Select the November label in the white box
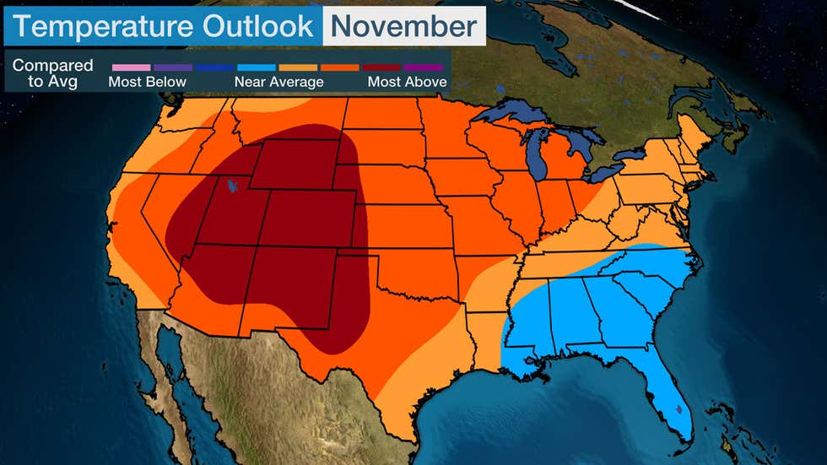tap(403, 26)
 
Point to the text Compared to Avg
tap(53, 73)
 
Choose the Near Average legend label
tap(278, 82)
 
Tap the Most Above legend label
tap(407, 82)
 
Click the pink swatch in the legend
tap(130, 67)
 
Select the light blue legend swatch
tap(257, 67)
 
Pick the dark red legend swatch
tap(382, 67)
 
